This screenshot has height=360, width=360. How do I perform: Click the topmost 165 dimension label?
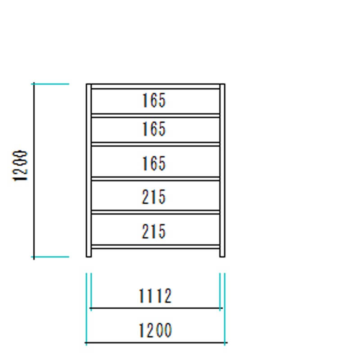pos(154,100)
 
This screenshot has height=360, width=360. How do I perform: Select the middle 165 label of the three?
pos(154,129)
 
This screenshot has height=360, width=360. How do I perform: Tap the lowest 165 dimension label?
pos(154,163)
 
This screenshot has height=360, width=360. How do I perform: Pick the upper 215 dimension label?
pos(153,197)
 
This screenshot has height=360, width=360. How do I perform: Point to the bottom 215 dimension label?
pos(153,231)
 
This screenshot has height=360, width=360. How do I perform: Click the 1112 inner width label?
pos(155,296)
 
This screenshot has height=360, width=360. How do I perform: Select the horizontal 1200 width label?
pos(155,330)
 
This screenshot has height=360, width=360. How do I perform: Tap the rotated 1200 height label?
pos(20,166)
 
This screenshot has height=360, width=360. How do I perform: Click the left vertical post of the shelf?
pos(89,171)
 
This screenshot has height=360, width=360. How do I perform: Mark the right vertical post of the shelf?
pos(222,171)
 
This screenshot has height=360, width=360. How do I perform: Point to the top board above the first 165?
pos(155,86)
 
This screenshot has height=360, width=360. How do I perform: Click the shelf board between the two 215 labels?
pos(155,212)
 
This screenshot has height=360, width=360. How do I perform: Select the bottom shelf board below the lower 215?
pos(155,247)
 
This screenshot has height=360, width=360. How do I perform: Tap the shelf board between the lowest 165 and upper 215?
pos(155,179)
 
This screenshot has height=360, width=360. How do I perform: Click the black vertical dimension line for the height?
pos(34,171)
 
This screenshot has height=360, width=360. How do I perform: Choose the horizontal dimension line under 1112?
pos(156,308)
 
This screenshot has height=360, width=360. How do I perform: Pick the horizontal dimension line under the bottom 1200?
pos(156,342)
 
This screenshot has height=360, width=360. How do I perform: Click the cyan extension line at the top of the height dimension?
pos(50,84)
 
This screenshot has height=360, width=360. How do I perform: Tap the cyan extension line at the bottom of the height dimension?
pos(50,256)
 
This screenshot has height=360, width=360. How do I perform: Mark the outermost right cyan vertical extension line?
pos(225,309)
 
